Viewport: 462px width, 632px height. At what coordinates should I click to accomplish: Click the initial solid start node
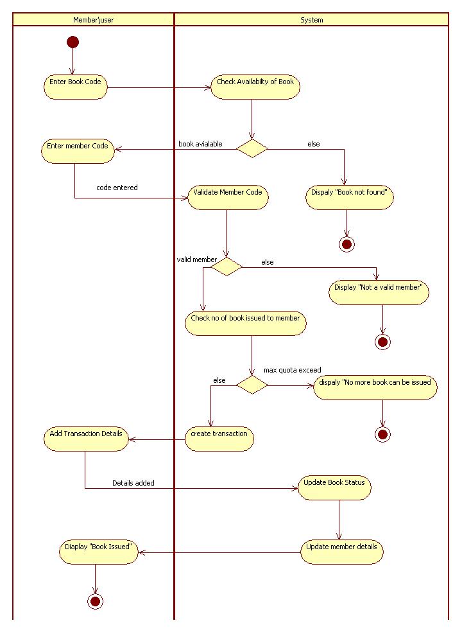(x=73, y=42)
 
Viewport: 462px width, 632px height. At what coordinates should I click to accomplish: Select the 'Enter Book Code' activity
(x=76, y=87)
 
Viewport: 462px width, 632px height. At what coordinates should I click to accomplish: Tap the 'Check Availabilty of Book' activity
(x=255, y=87)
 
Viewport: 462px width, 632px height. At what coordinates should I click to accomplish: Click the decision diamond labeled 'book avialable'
(x=252, y=148)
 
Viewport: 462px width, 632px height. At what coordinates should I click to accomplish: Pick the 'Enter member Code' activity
(x=78, y=151)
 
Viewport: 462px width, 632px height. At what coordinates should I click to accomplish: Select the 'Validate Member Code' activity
(x=228, y=197)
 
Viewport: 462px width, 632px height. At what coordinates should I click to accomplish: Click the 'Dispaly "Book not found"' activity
(x=349, y=197)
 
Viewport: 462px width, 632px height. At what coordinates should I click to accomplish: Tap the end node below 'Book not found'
(x=346, y=244)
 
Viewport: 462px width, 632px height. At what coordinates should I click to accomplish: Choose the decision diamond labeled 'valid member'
(x=227, y=266)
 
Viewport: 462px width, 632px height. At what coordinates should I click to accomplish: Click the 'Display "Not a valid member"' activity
(x=379, y=292)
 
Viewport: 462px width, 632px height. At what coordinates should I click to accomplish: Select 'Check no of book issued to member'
(x=245, y=323)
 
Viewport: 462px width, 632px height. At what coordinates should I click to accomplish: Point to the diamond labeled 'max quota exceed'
(x=252, y=385)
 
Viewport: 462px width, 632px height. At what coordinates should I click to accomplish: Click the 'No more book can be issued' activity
(x=375, y=387)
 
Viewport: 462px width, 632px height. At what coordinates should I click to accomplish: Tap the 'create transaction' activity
(x=219, y=439)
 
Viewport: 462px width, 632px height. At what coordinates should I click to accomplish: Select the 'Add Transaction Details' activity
(x=86, y=439)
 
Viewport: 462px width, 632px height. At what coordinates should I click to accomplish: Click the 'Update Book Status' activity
(x=334, y=487)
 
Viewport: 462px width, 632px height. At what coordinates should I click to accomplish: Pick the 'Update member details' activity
(x=341, y=552)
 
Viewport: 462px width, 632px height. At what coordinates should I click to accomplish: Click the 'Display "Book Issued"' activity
(x=98, y=552)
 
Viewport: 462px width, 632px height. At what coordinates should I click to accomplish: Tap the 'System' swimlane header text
(x=312, y=20)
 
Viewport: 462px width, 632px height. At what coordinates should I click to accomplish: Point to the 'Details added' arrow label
(x=133, y=482)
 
